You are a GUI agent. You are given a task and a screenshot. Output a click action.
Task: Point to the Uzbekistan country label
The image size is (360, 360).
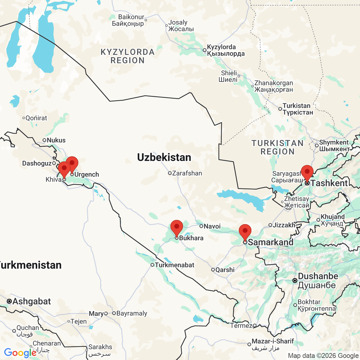tap(164, 157)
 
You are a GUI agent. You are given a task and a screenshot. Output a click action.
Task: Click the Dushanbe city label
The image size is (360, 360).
tap(318, 276)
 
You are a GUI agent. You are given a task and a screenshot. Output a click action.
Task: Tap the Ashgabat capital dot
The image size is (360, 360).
tap(9, 301)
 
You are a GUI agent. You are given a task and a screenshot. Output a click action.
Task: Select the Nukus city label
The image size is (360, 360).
tap(56, 140)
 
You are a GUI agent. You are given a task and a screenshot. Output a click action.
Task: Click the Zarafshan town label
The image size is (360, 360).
tap(187, 173)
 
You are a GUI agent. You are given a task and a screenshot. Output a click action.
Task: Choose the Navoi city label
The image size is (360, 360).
tap(212, 226)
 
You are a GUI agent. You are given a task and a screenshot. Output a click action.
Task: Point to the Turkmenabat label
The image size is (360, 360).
tap(174, 265)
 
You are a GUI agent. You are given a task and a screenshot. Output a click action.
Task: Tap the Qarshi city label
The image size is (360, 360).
tap(225, 270)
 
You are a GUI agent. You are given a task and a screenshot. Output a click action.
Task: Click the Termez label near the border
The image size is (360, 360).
tap(241, 325)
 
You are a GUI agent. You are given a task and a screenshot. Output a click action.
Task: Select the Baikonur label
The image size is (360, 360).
tap(131, 17)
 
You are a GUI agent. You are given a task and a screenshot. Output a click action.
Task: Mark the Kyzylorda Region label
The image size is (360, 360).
tap(127, 56)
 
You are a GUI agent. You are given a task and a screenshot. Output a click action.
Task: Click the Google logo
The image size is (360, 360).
tap(20, 353)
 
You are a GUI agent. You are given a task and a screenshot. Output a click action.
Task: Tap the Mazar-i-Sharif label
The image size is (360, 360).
tap(272, 341)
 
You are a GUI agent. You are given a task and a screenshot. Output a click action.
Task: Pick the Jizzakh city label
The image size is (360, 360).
tap(284, 225)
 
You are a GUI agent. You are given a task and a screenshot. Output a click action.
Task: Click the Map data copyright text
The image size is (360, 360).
tap(323, 356)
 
